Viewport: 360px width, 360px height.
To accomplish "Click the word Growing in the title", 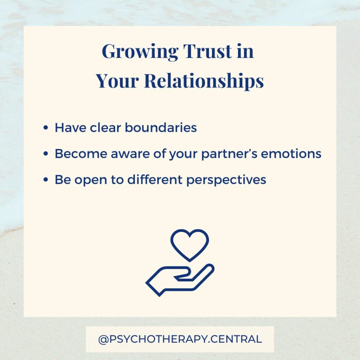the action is click(x=140, y=52).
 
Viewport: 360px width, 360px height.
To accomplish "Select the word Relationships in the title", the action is click(x=204, y=81).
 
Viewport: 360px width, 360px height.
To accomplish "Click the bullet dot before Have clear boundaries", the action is click(x=46, y=128).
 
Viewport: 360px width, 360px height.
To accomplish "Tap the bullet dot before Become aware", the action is click(x=46, y=154).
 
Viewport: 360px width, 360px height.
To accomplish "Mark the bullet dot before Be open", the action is click(x=46, y=180).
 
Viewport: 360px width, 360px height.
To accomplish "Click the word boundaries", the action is click(x=161, y=127).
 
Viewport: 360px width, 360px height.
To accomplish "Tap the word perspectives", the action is click(x=226, y=180).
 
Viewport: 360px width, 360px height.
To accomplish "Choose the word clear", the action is click(x=105, y=127).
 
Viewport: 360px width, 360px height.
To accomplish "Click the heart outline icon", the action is click(x=189, y=245).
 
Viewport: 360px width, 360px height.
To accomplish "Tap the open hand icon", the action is click(x=180, y=280).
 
